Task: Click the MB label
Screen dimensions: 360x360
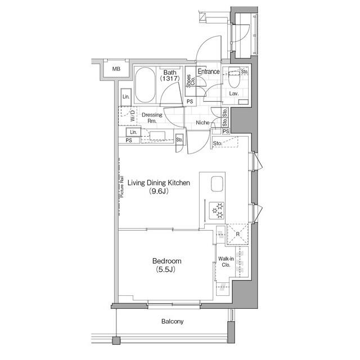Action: pyautogui.click(x=116, y=69)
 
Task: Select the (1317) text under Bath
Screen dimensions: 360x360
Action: pyautogui.click(x=169, y=79)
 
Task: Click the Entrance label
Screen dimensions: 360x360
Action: pyautogui.click(x=208, y=72)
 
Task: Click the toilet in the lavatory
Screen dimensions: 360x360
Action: pyautogui.click(x=233, y=79)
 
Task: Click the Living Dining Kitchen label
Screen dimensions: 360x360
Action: pyautogui.click(x=159, y=183)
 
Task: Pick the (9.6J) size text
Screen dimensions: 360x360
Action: pyautogui.click(x=159, y=192)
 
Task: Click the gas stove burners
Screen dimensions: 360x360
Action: pyautogui.click(x=217, y=211)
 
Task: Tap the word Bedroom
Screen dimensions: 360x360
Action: pyautogui.click(x=166, y=261)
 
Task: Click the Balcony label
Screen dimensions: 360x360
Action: pyautogui.click(x=172, y=322)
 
